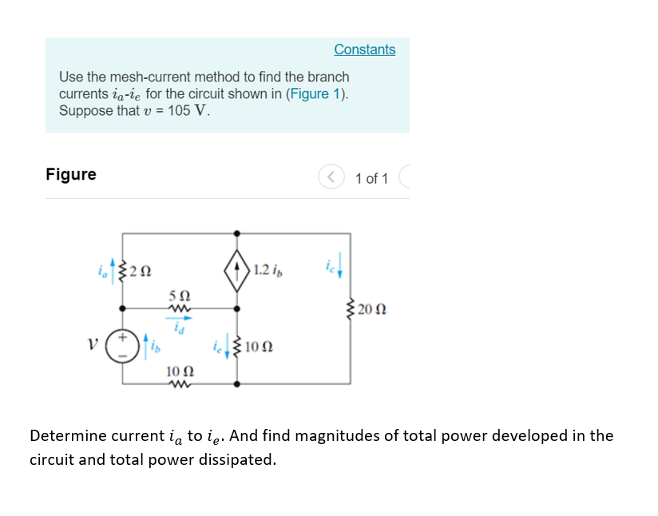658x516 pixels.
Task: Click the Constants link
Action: coord(364,50)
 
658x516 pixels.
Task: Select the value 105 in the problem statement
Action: coord(177,110)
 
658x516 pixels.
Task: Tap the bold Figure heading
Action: coord(71,174)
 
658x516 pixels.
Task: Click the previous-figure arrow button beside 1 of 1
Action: coord(330,177)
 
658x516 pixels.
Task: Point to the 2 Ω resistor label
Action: coord(141,270)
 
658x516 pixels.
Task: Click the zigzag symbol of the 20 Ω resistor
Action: coord(351,309)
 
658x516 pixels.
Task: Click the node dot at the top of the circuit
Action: coord(237,232)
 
